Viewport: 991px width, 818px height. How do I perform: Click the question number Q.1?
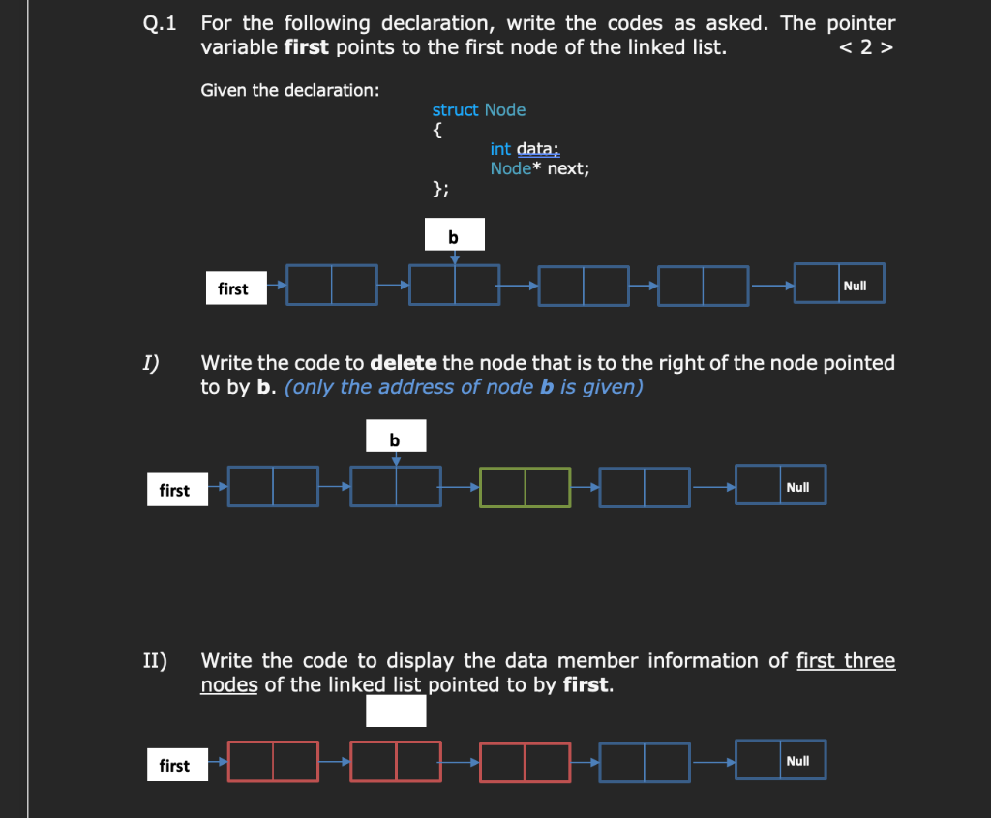[159, 24]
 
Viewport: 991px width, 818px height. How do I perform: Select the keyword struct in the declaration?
[455, 110]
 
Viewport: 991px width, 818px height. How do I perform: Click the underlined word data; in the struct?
[538, 149]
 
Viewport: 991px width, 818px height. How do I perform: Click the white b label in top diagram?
[454, 235]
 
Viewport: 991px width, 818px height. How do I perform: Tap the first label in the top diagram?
[233, 288]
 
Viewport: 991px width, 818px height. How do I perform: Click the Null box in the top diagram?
[839, 284]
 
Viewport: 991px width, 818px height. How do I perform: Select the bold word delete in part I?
[404, 364]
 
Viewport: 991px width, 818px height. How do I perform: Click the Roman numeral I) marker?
[151, 364]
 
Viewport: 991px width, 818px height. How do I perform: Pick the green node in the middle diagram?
[525, 487]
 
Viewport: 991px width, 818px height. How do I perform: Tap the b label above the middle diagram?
[395, 440]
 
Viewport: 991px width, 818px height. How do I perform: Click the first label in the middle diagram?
[175, 490]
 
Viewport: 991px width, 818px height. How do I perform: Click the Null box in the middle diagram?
[781, 486]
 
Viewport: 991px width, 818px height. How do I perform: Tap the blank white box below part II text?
[396, 712]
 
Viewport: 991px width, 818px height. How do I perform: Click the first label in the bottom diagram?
[175, 766]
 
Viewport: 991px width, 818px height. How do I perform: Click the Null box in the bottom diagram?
[781, 761]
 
